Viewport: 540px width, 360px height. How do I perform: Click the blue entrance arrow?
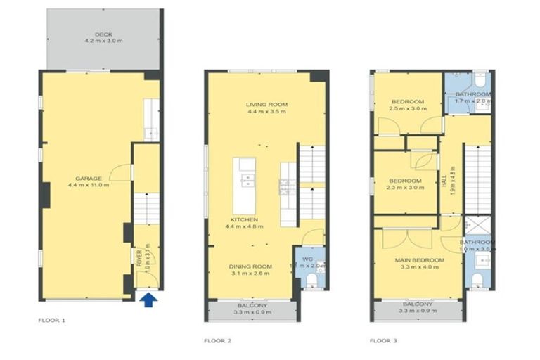click(147, 301)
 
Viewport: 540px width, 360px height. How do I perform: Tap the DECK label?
click(104, 34)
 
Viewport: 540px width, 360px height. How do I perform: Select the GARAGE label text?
click(89, 178)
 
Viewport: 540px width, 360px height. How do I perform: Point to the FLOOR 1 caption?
click(51, 320)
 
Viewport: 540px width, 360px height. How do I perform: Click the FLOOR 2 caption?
click(217, 341)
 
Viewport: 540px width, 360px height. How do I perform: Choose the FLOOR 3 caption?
click(383, 341)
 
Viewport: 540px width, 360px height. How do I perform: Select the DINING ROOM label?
click(251, 266)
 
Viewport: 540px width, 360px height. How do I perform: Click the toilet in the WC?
click(312, 281)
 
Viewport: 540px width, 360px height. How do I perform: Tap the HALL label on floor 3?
click(444, 181)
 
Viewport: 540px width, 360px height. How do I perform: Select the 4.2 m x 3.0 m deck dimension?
click(104, 42)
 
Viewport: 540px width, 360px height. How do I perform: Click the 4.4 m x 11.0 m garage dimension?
click(89, 186)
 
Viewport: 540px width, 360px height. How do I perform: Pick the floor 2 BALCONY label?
click(250, 306)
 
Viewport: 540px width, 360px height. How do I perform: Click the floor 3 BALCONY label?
click(417, 304)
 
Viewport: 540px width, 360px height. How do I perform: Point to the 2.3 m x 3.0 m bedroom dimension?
click(405, 187)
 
